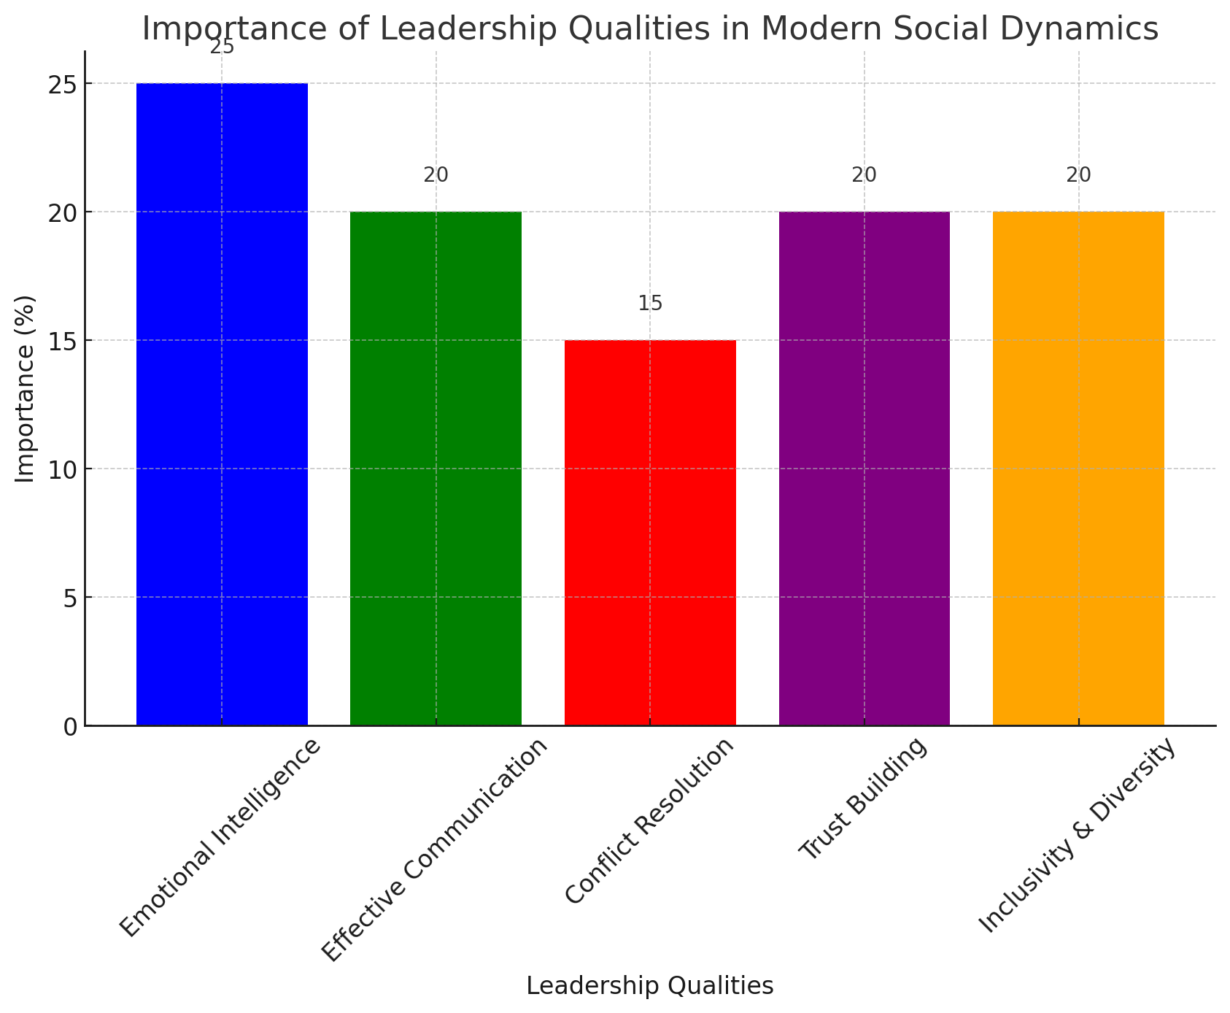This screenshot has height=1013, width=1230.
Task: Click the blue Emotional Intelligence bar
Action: [x=222, y=404]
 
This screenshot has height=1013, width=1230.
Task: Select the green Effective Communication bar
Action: [x=436, y=469]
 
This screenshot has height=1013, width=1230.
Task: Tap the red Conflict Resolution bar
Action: [x=650, y=533]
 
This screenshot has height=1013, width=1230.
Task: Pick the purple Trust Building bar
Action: [x=864, y=469]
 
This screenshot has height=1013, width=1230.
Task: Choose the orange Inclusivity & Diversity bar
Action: [x=1078, y=469]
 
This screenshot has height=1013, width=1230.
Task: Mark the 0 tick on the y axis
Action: [x=69, y=726]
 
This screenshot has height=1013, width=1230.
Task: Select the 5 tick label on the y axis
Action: [x=69, y=598]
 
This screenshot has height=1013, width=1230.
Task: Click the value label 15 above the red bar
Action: [x=650, y=304]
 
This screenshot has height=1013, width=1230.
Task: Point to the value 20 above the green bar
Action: [x=436, y=175]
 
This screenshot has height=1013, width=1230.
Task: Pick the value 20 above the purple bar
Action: [x=864, y=175]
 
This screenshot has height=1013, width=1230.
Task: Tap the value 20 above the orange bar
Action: [x=1078, y=175]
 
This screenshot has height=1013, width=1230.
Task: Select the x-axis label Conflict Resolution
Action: [x=649, y=822]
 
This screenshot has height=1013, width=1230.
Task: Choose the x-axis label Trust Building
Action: [x=863, y=800]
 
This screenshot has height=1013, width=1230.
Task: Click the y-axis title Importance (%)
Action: [x=26, y=388]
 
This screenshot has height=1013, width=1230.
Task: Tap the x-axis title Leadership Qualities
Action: [x=649, y=987]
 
